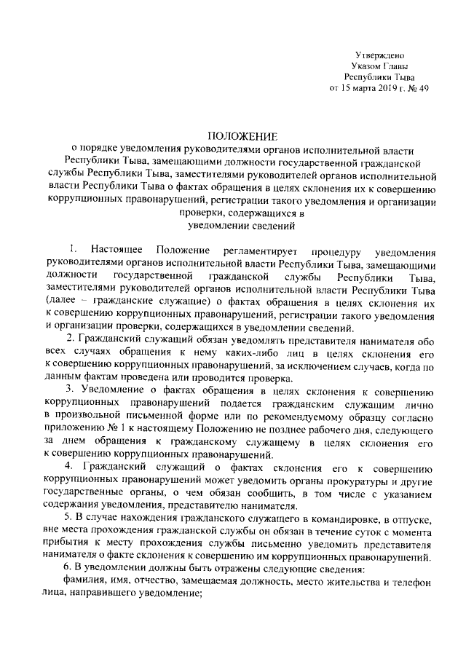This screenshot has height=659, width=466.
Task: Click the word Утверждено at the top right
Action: tap(379, 55)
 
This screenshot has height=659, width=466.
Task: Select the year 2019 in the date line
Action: tap(387, 90)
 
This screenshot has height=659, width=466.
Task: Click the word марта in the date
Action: tap(361, 90)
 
